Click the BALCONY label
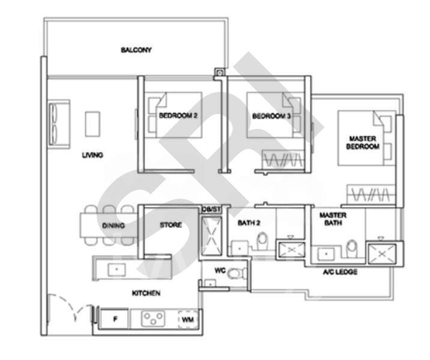pyautogui.click(x=136, y=50)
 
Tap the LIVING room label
pyautogui.click(x=92, y=155)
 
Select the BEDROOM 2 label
pyautogui.click(x=178, y=115)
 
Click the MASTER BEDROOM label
pyautogui.click(x=363, y=142)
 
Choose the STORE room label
pyautogui.click(x=171, y=226)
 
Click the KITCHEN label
pyautogui.click(x=146, y=293)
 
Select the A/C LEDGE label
pyautogui.click(x=340, y=272)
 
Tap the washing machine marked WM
pyautogui.click(x=187, y=320)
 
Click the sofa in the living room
pyautogui.click(x=59, y=124)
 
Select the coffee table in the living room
pyautogui.click(x=92, y=124)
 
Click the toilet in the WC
pyautogui.click(x=235, y=274)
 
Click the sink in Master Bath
pyautogui.click(x=327, y=253)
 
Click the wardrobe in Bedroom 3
pyautogui.click(x=282, y=160)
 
